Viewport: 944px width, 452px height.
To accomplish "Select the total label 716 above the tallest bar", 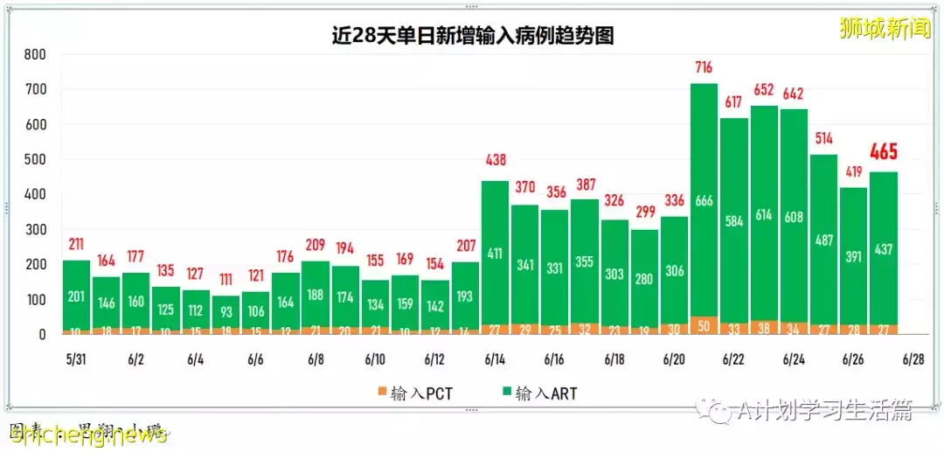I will pyautogui.click(x=705, y=68).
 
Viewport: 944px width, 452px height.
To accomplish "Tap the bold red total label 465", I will pyautogui.click(x=884, y=151).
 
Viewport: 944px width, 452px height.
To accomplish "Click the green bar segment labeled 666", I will pyautogui.click(x=705, y=201).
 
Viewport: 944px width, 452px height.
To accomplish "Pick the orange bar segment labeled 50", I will pyautogui.click(x=705, y=325).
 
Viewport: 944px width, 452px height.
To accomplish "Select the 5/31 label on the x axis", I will pyautogui.click(x=76, y=359).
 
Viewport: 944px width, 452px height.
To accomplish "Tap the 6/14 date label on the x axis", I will pyautogui.click(x=495, y=359).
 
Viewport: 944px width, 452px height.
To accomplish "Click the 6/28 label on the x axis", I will pyautogui.click(x=913, y=359).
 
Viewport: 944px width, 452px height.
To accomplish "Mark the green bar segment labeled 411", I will pyautogui.click(x=495, y=254).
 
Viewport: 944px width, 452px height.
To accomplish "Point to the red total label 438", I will pyautogui.click(x=495, y=161).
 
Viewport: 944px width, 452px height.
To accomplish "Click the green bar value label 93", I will pyautogui.click(x=226, y=311).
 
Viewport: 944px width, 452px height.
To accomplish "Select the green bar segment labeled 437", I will pyautogui.click(x=884, y=249).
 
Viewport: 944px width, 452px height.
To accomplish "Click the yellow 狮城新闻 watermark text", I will pyautogui.click(x=883, y=28).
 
